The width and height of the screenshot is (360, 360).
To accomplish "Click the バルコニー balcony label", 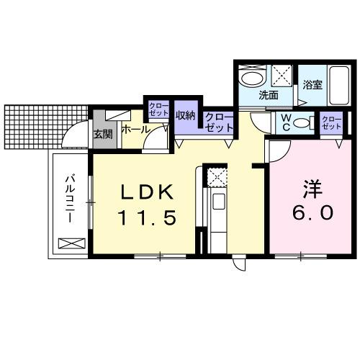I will (71, 197).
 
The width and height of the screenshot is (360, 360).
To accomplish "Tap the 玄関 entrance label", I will (102, 134).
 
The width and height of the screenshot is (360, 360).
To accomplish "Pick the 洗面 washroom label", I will (269, 95).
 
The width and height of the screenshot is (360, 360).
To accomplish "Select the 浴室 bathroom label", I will (311, 84).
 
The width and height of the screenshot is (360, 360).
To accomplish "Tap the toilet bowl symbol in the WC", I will (305, 123).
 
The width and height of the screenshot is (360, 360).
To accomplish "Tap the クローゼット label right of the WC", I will (331, 122).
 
